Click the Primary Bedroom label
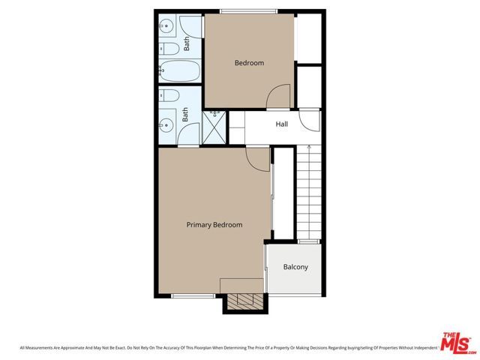click(214, 224)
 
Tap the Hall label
click(282, 124)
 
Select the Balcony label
click(295, 267)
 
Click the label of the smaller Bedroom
click(249, 63)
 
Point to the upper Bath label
click(187, 44)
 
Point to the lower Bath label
click(185, 115)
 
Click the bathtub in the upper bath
click(181, 72)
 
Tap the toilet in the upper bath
click(169, 49)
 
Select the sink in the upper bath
click(166, 27)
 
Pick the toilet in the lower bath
click(169, 97)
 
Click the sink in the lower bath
click(166, 125)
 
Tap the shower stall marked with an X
click(215, 127)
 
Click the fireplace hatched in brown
click(244, 301)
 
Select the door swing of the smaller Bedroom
click(279, 97)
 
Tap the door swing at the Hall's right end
click(309, 120)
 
